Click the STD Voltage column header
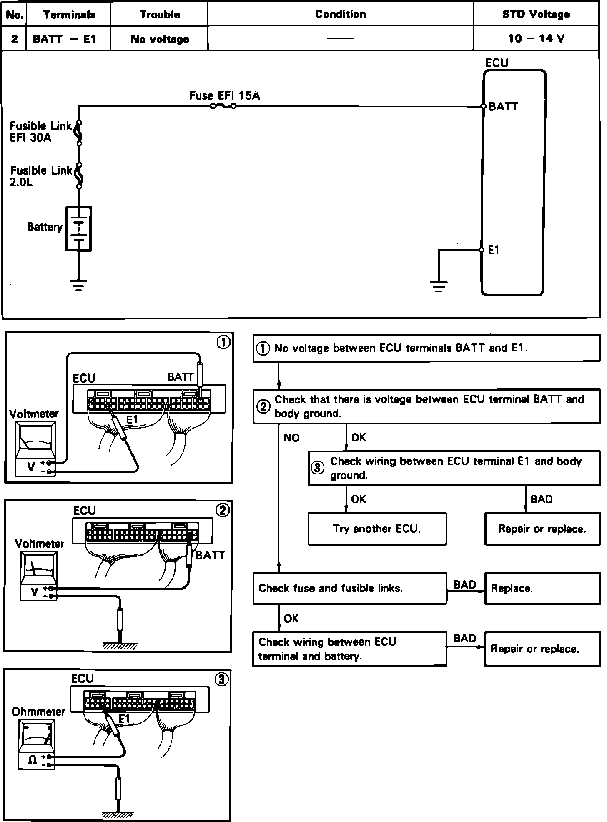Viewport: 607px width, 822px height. [x=536, y=14]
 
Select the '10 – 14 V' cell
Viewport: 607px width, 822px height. [x=536, y=39]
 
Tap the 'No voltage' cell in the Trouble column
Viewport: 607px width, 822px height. [x=160, y=39]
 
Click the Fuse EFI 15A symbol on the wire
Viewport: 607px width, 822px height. [x=223, y=106]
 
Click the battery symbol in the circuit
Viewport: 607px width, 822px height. [x=78, y=228]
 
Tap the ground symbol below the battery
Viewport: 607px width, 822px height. [x=78, y=285]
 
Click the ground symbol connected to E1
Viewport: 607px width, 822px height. [x=438, y=286]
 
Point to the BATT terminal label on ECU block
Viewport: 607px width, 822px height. [x=503, y=107]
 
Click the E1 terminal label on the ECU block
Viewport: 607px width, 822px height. [x=494, y=250]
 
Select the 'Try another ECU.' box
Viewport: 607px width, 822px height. [x=377, y=529]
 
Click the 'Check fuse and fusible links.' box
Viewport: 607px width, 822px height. [x=349, y=588]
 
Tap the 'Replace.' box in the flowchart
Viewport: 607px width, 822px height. [x=542, y=588]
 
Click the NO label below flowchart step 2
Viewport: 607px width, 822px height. [x=291, y=438]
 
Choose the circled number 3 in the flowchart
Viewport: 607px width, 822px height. [x=318, y=468]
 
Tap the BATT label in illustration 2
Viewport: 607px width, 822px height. [x=210, y=555]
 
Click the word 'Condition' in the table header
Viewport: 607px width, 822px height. [x=340, y=14]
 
